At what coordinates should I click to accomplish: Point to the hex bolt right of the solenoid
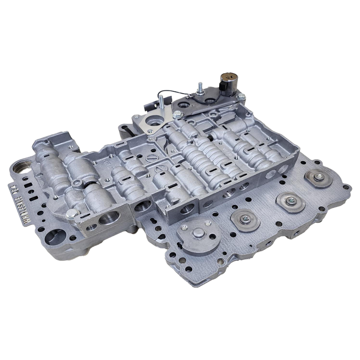click(x=242, y=96)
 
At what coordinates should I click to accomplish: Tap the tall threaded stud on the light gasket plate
click(x=159, y=102)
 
